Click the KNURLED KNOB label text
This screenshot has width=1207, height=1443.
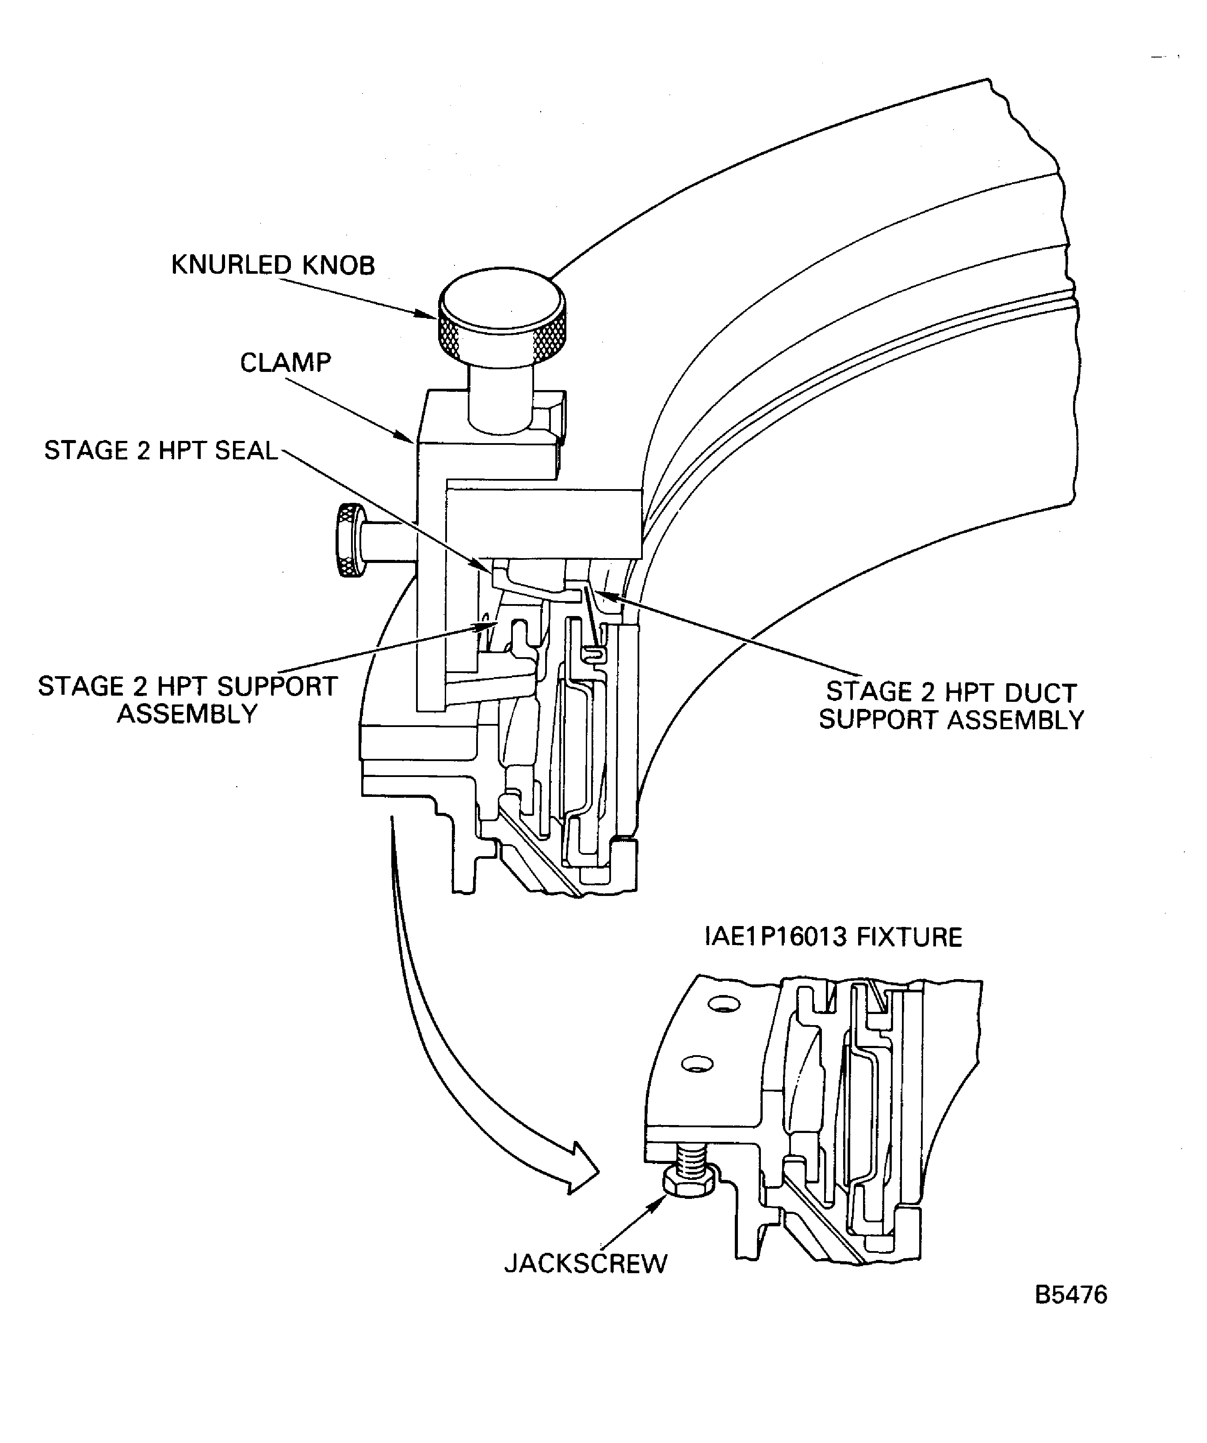pos(273,265)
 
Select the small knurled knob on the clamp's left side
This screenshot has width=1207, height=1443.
pos(350,540)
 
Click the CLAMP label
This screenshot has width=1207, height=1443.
pos(285,362)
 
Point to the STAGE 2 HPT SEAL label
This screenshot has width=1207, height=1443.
pos(161,450)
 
